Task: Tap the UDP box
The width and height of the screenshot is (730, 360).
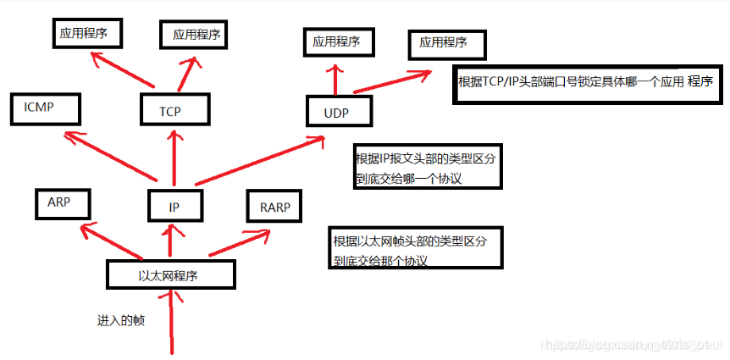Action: click(x=336, y=112)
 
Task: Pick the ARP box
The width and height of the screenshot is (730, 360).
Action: click(x=62, y=204)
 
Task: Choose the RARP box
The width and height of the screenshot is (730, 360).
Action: click(x=274, y=205)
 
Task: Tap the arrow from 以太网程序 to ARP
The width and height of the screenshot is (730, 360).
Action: click(x=110, y=241)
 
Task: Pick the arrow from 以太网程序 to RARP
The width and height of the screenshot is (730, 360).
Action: click(x=234, y=242)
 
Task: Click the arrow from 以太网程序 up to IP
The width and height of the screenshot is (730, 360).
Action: click(x=172, y=241)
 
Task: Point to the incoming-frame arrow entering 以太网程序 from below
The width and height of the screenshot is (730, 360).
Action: click(x=174, y=322)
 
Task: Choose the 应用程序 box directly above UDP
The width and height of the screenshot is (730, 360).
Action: click(x=336, y=41)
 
